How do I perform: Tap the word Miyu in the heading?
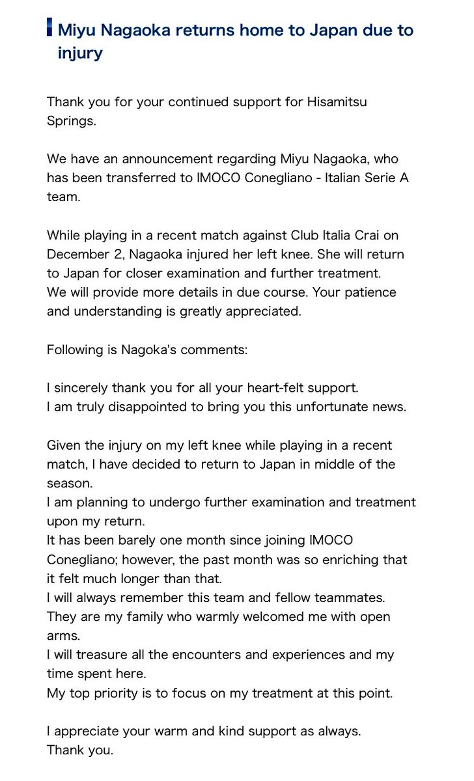click(77, 30)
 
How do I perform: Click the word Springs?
click(71, 122)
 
